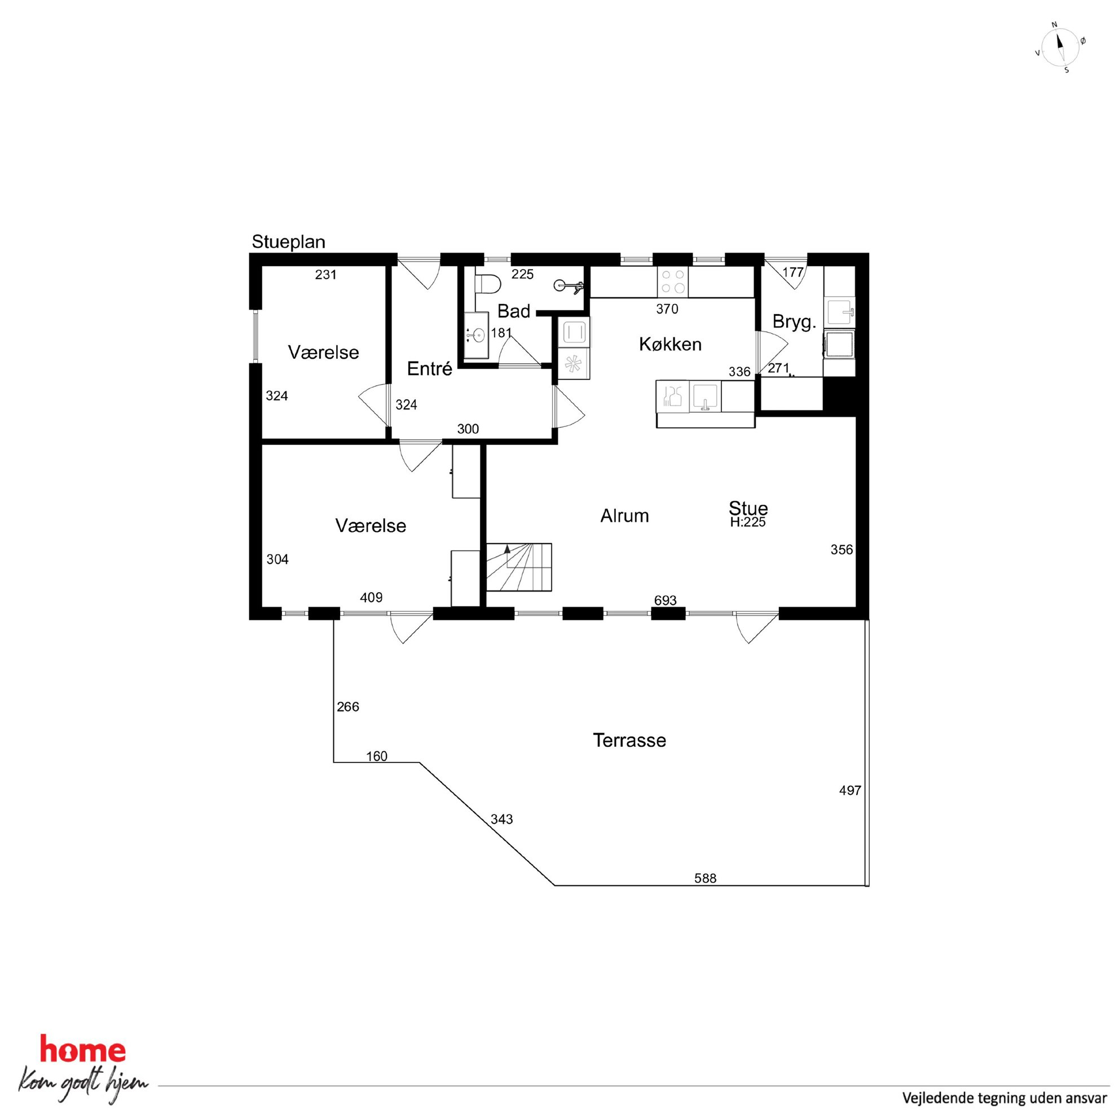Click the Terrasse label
click(629, 740)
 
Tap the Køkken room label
click(670, 344)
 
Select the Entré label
click(429, 368)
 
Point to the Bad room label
click(514, 311)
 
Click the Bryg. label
click(794, 322)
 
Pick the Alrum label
click(624, 516)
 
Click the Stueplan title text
click(288, 242)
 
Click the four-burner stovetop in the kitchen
click(672, 281)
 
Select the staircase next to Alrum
click(518, 567)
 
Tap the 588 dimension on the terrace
click(705, 878)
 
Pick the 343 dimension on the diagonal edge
click(501, 819)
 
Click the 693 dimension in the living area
click(665, 601)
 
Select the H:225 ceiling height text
click(748, 522)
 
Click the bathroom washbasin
click(476, 335)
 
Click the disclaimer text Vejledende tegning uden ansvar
click(1005, 1098)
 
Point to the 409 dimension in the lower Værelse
click(371, 597)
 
